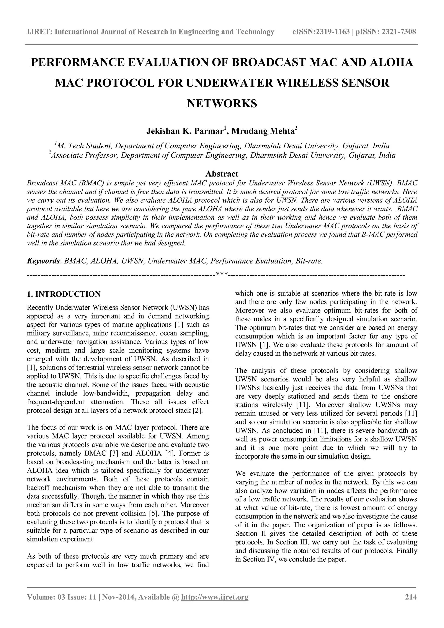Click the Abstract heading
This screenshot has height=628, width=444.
[222, 174]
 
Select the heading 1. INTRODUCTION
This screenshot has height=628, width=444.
[64, 294]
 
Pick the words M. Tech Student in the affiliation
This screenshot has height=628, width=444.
[83, 146]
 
